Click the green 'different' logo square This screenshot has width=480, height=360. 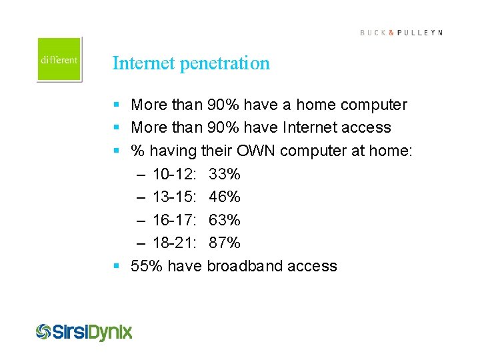59,59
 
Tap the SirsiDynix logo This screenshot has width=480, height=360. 84,331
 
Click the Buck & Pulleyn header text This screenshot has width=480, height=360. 401,33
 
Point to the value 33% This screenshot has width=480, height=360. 225,175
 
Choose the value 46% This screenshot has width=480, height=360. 225,197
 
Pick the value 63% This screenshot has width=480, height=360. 225,220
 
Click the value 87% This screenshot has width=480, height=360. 225,243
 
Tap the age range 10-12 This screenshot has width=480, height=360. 174,175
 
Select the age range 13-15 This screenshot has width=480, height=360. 174,197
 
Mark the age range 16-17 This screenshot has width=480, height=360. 174,220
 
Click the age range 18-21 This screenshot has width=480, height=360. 174,243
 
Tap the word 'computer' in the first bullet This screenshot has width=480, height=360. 374,105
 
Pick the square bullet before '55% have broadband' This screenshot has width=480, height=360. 117,266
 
